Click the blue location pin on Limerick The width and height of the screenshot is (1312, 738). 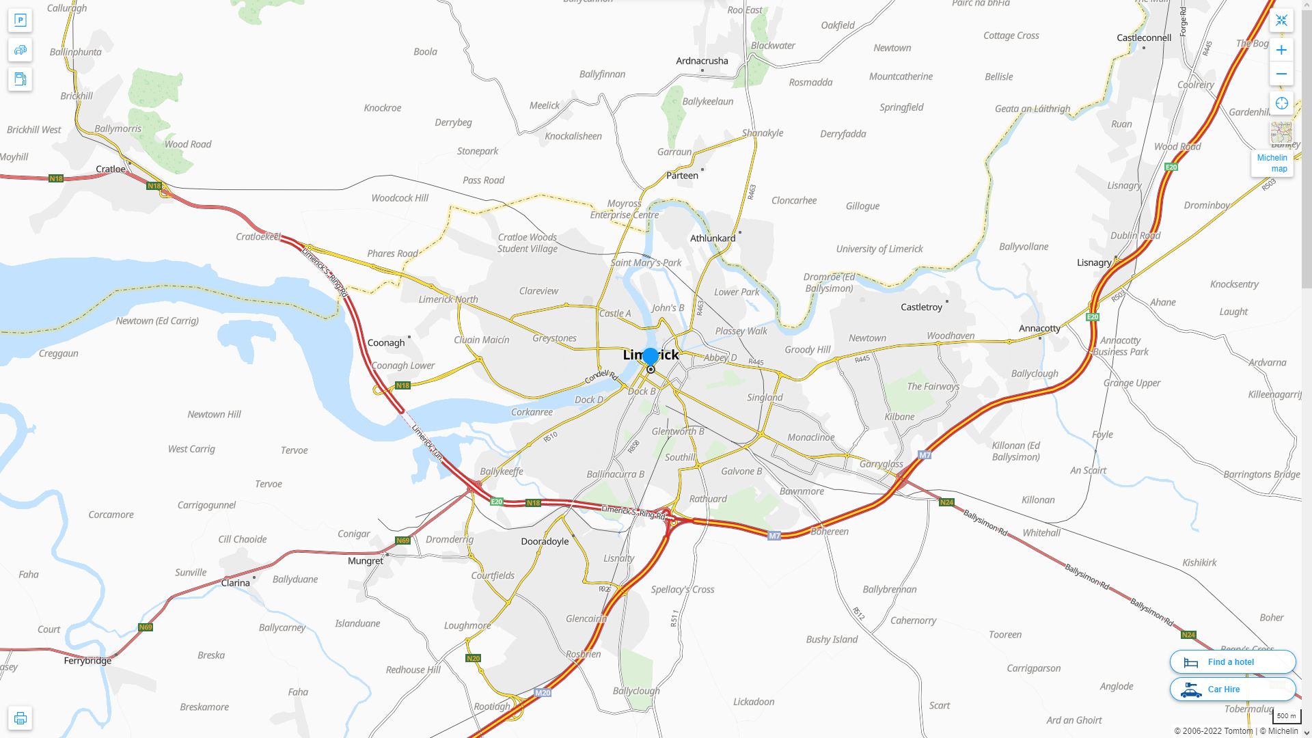651,356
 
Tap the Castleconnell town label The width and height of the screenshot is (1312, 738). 1143,38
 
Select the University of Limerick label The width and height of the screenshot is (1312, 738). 879,249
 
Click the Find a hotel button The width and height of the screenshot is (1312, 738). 1232,661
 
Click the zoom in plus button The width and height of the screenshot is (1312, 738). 1281,50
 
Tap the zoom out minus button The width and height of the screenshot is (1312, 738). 1281,74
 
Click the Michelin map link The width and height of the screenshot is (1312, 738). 1272,163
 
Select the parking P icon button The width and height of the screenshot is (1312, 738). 20,20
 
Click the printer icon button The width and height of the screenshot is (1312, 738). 20,717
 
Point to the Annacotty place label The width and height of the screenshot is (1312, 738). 1039,328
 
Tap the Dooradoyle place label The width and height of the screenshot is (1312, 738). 545,541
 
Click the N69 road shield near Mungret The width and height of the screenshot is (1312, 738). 402,541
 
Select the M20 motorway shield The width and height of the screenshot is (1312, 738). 543,693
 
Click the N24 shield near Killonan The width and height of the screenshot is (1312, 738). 946,502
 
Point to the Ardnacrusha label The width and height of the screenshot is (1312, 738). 702,61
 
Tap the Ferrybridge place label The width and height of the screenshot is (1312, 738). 87,661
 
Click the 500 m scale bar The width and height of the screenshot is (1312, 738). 1286,716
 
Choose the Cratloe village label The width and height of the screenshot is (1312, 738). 111,169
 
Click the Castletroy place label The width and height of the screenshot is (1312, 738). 921,307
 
